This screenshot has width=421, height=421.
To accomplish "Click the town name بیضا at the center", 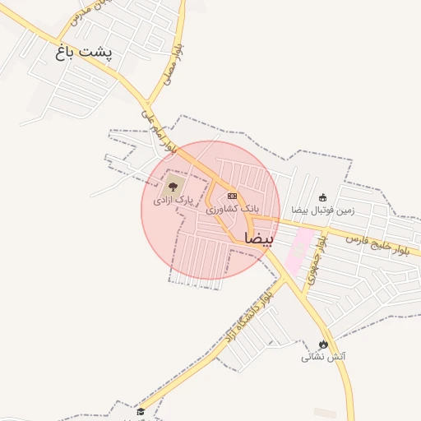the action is coord(257,238).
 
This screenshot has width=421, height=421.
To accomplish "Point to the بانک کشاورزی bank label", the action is coord(231,210).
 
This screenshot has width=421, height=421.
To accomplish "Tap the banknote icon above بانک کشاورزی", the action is coord(232,197).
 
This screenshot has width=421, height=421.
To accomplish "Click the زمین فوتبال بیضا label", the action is coord(323,210).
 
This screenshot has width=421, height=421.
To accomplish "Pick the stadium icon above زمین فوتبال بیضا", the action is coord(323,197).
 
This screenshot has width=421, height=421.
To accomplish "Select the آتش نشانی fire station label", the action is coord(323,358).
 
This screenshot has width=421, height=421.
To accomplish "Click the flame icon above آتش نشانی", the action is coord(323,344).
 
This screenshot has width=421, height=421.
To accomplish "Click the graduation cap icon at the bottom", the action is coord(141,412).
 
